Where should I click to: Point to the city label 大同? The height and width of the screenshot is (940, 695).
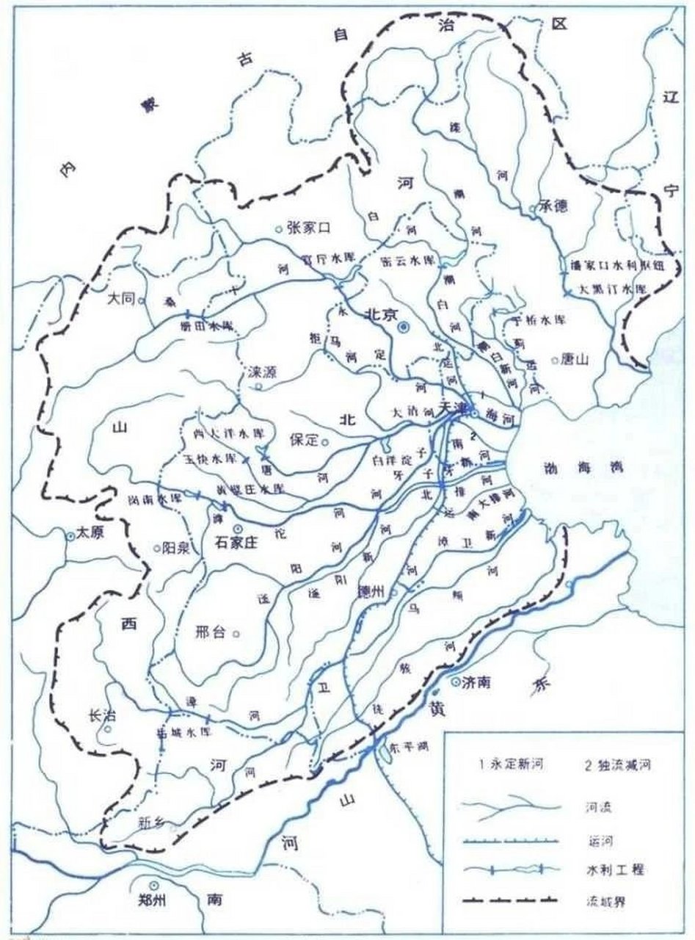click(x=121, y=299)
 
